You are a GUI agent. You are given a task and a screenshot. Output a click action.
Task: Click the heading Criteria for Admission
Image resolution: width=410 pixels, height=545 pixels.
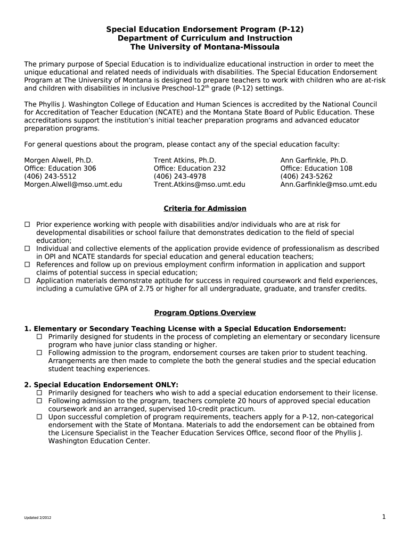pyautogui.click(x=205, y=209)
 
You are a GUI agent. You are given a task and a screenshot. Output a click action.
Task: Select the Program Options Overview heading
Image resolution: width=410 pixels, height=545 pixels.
pyautogui.click(x=205, y=313)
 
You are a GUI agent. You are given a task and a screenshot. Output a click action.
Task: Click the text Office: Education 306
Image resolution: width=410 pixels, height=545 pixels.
pyautogui.click(x=60, y=169)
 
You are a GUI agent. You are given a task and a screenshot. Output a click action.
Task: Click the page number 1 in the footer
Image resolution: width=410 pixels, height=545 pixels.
pyautogui.click(x=383, y=517)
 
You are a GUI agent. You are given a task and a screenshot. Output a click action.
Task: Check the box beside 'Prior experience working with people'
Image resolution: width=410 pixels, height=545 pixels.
pyautogui.click(x=27, y=225)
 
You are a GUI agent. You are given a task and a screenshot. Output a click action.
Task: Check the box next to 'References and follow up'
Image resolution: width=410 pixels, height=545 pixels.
pyautogui.click(x=27, y=265)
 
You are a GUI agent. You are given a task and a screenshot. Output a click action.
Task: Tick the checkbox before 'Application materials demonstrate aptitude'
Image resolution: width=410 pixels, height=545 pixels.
pyautogui.click(x=27, y=280)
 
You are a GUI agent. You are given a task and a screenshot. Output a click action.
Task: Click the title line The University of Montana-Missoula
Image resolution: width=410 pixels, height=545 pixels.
pyautogui.click(x=205, y=47)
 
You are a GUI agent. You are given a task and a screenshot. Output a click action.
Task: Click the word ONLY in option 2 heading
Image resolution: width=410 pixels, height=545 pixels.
pyautogui.click(x=166, y=385)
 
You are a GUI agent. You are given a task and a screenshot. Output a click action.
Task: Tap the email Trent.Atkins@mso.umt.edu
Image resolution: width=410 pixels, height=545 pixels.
pyautogui.click(x=200, y=185)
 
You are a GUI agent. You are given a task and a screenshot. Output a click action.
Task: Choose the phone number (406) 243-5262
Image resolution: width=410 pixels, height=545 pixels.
pyautogui.click(x=306, y=177)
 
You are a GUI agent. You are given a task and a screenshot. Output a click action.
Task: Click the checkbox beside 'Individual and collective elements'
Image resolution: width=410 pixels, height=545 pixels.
pyautogui.click(x=27, y=249)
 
